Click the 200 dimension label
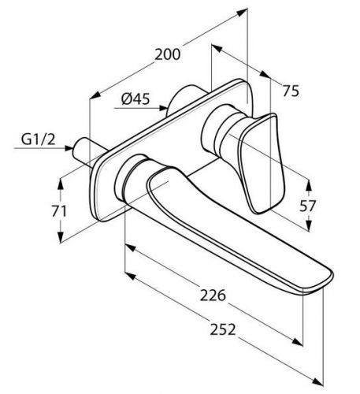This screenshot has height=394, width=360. click(167, 54)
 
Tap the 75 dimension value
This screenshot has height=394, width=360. click(291, 91)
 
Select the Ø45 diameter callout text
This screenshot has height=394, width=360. click(135, 99)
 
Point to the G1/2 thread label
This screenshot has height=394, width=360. click(39, 139)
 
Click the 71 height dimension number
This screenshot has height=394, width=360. click(59, 211)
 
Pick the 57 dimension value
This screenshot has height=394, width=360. click(307, 206)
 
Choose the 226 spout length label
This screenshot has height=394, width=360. click(213, 295)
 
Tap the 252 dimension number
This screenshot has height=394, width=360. click(223, 329)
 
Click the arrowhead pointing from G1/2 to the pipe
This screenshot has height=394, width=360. click(69, 148)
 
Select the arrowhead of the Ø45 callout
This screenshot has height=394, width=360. click(163, 108)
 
